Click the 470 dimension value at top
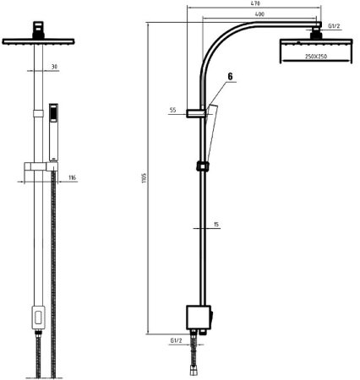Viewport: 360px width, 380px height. [x=255, y=3]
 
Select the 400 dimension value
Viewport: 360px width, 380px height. [x=259, y=14]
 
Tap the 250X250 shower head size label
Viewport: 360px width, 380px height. [x=316, y=57]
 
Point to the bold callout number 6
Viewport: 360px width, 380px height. [x=230, y=76]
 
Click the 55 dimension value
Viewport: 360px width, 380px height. [x=172, y=110]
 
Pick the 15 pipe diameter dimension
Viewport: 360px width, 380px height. [x=216, y=225]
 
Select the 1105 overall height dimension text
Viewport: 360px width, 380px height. [x=145, y=178]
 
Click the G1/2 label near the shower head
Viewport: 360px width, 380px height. [x=334, y=26]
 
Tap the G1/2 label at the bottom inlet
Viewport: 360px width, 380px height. [x=177, y=340]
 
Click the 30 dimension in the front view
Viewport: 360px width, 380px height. [x=54, y=67]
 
